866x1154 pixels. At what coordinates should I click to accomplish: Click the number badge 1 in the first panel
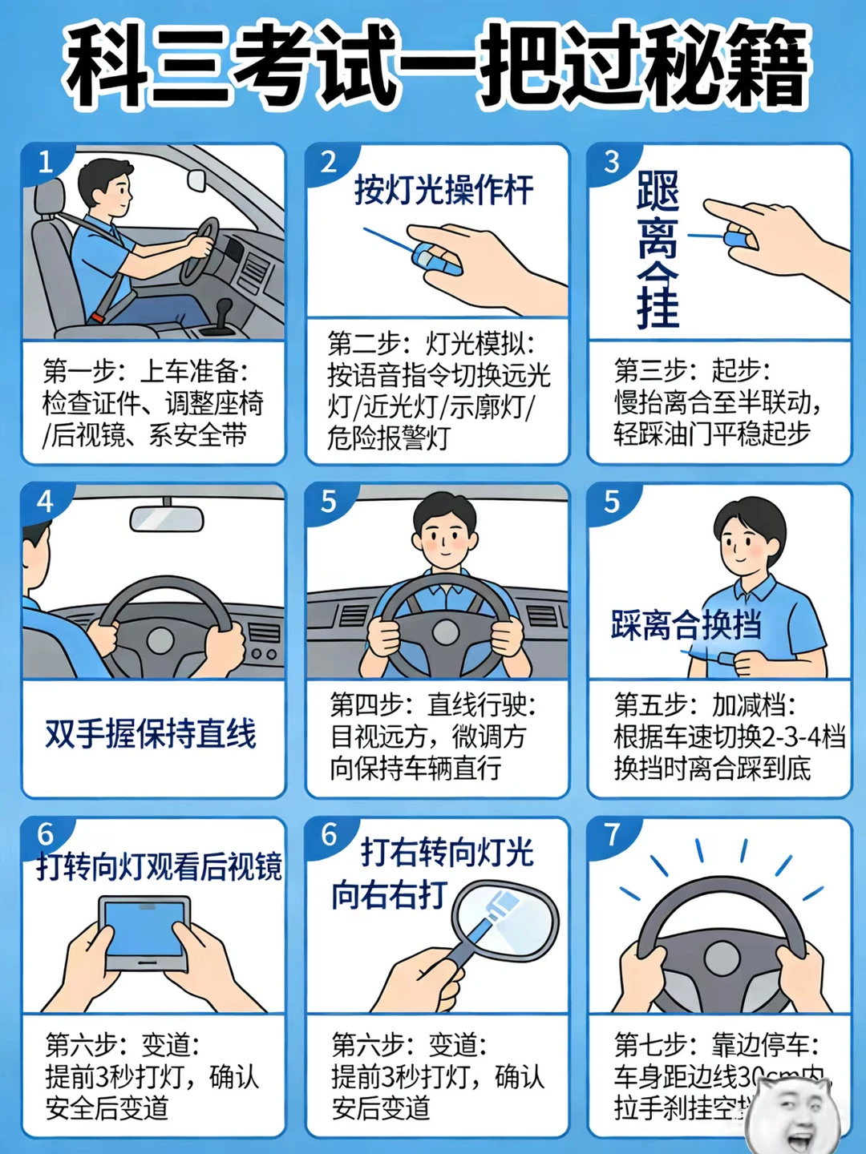coord(45,162)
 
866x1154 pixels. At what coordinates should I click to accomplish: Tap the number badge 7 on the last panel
coord(613,835)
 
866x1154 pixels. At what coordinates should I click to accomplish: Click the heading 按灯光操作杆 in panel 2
coord(443,191)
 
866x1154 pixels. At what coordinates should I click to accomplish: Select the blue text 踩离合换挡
coord(686,624)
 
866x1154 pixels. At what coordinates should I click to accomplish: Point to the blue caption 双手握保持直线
coord(151,733)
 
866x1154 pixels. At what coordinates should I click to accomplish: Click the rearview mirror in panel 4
coord(167,519)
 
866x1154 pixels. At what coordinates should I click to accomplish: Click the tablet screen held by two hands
coord(144,930)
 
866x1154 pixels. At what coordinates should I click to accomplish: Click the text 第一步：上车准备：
coord(146,371)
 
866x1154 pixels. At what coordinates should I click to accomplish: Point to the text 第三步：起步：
coord(692,371)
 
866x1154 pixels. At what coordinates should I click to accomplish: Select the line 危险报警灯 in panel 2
coord(389,438)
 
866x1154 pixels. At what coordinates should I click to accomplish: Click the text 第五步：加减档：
coord(705,705)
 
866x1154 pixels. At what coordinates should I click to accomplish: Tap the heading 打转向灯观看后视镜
coord(159,867)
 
